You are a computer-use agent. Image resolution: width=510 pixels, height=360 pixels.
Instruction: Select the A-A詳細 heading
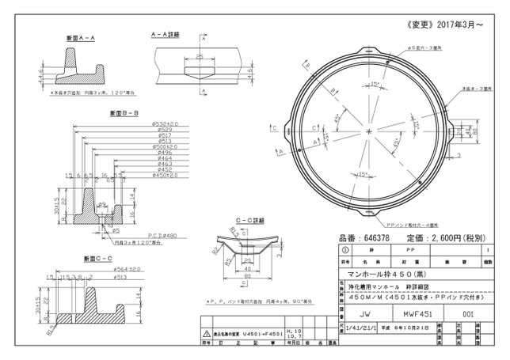(168, 35)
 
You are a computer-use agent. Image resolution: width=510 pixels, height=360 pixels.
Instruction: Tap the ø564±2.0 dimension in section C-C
(126, 269)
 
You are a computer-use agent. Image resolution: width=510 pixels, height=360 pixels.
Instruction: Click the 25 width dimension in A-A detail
(200, 57)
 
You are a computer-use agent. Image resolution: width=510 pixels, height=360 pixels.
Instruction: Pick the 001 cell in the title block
(467, 313)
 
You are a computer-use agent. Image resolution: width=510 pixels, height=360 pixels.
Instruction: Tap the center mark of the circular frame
(369, 130)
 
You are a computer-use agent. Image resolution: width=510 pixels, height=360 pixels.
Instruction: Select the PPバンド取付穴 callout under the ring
(417, 224)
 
